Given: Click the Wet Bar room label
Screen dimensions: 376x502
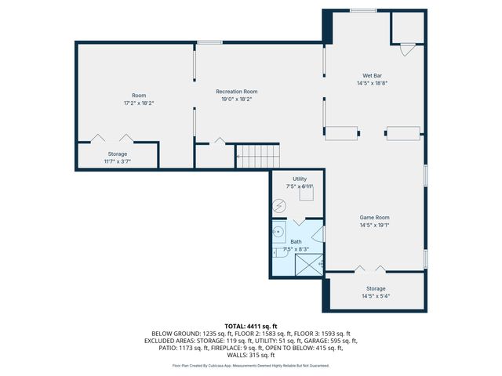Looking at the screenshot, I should pos(373,75).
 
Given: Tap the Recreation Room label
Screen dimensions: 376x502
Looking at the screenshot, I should pos(236,92).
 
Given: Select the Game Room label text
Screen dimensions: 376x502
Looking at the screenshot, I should pos(374,217).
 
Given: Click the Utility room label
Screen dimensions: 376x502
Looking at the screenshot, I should pos(300,179).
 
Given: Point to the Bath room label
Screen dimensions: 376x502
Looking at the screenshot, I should pos(296,242).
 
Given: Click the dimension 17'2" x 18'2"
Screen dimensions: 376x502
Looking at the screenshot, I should pos(138,103).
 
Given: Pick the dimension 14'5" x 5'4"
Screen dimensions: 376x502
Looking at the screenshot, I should pos(376,296).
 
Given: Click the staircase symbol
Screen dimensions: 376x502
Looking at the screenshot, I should pos(257,156).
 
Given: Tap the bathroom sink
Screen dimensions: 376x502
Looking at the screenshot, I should pos(277,233).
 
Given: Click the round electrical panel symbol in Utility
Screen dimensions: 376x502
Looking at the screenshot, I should pos(279,207).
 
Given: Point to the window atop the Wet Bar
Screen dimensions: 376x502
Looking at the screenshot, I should pos(362,10).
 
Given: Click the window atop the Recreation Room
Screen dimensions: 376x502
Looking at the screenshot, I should pos(209,42).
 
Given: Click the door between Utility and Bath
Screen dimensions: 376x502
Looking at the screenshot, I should pos(298,221).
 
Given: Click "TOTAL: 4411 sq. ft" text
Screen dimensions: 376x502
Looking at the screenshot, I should pos(250,326).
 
